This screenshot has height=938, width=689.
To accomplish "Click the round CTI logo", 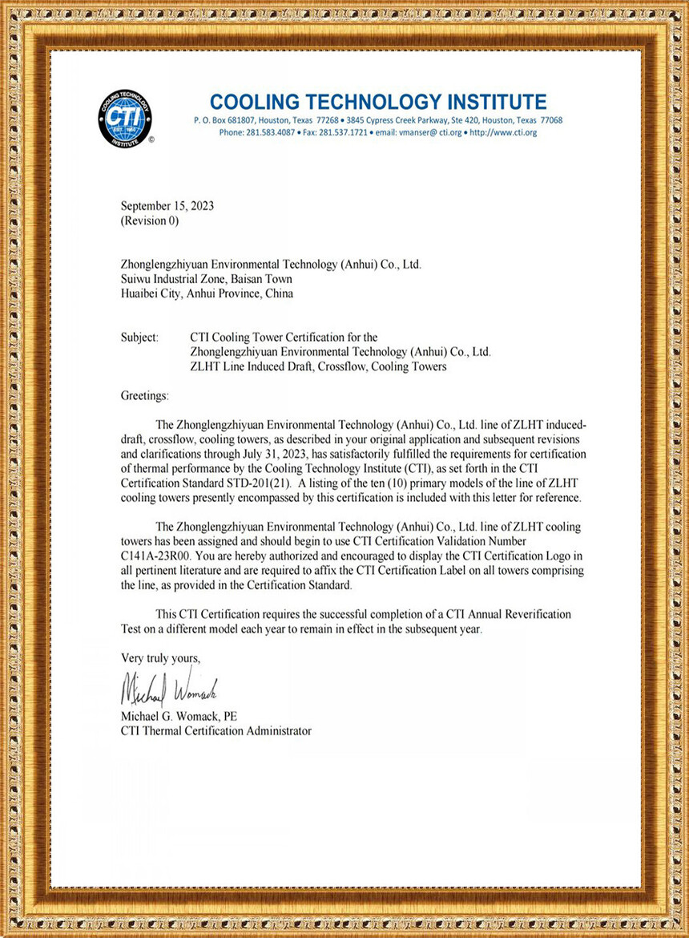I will coord(124,118).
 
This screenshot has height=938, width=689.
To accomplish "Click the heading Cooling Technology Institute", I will coord(378,102).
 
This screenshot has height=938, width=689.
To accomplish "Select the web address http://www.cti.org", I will coord(503,132).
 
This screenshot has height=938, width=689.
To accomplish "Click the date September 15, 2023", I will coord(167,206).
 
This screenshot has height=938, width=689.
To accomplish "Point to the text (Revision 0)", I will coord(150,220).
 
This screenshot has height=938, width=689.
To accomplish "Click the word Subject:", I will coord(139,338).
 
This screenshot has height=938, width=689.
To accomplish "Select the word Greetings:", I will coord(145,396).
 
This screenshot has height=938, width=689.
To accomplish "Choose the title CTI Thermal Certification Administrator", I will coord(216,730).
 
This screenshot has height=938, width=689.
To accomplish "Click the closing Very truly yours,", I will coord(160,658).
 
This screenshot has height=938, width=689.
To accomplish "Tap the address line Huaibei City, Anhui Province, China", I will coord(207,293).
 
